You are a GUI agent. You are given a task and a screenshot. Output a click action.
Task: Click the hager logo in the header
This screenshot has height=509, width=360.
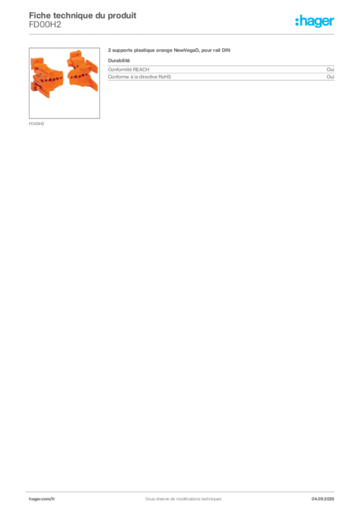(x=315, y=21)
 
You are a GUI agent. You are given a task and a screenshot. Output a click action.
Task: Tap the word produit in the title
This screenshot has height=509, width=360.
(x=122, y=15)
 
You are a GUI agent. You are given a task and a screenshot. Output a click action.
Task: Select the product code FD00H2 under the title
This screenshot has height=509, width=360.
(x=45, y=25)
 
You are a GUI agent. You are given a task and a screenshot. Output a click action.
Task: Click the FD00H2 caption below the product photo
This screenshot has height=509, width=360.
(x=36, y=124)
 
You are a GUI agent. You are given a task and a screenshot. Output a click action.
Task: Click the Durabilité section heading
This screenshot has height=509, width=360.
(x=119, y=61)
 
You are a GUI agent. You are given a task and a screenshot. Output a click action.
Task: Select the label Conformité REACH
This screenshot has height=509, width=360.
(x=129, y=70)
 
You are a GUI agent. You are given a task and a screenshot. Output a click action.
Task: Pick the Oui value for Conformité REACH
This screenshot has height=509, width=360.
(x=330, y=70)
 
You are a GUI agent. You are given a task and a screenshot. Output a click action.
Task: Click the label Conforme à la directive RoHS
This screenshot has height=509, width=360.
(x=139, y=77)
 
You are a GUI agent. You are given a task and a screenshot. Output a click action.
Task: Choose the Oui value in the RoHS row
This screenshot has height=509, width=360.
(x=330, y=77)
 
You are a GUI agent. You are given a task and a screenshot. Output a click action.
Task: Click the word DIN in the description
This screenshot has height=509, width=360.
(x=226, y=50)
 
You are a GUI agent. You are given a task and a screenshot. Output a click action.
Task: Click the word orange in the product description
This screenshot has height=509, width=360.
(x=164, y=51)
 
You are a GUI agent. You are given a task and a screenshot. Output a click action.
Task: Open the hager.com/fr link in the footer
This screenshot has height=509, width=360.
(x=42, y=499)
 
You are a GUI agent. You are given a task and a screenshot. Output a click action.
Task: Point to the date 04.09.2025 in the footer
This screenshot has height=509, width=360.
(x=323, y=499)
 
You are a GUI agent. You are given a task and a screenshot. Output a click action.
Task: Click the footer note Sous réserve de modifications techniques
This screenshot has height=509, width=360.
(x=183, y=499)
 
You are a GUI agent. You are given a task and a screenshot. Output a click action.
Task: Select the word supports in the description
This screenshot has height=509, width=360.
(x=122, y=51)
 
